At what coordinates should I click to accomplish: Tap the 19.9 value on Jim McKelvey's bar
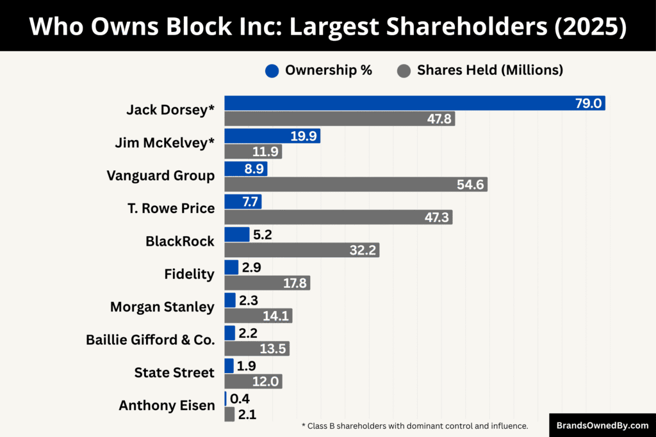tap(303, 136)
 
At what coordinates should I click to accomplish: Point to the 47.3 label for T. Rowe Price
tap(436, 218)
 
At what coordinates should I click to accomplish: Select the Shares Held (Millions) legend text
tap(490, 70)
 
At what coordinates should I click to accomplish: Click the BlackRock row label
tap(180, 242)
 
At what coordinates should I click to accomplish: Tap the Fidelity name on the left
tap(189, 274)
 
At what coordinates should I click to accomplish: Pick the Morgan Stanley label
tap(162, 307)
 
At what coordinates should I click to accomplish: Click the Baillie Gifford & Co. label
tap(151, 340)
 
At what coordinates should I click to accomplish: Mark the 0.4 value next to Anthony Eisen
tap(240, 399)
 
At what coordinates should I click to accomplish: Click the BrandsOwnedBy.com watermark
tap(602, 425)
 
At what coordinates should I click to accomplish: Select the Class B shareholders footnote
tap(414, 425)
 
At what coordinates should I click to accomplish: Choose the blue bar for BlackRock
tap(236, 234)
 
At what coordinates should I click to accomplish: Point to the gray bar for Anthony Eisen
tap(229, 415)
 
